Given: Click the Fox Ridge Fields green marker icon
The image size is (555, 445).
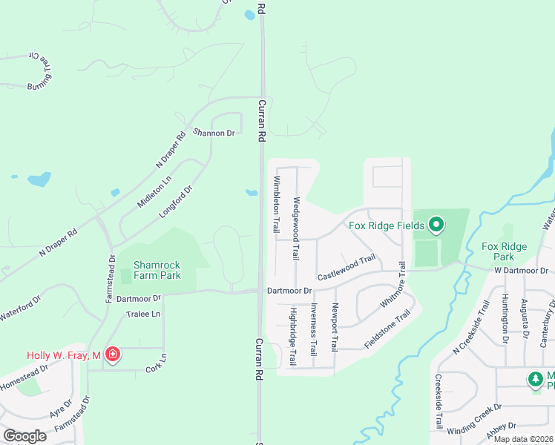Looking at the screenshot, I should tap(436, 224).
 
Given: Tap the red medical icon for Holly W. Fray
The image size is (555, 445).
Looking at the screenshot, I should tap(112, 355).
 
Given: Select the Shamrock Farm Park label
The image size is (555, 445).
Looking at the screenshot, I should tap(157, 270).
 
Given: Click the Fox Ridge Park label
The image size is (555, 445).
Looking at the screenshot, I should tap(504, 251).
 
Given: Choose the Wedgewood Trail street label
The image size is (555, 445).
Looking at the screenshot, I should tap(295, 228).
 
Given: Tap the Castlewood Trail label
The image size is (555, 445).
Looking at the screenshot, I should tap(347, 268).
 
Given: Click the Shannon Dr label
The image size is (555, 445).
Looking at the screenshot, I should tap(214, 133).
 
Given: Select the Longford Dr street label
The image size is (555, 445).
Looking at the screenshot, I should tap(175, 201).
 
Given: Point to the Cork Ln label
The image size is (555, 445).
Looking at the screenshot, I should tap(156, 363).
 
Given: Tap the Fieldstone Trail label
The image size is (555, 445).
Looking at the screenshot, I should tap(387, 330).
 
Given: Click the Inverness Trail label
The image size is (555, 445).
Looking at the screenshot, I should tap(313, 328).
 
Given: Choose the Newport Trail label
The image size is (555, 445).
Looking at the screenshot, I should tap(335, 327).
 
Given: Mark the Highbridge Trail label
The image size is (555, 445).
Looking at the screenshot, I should tap(292, 336).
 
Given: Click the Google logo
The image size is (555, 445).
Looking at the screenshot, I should tap(25, 436).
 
